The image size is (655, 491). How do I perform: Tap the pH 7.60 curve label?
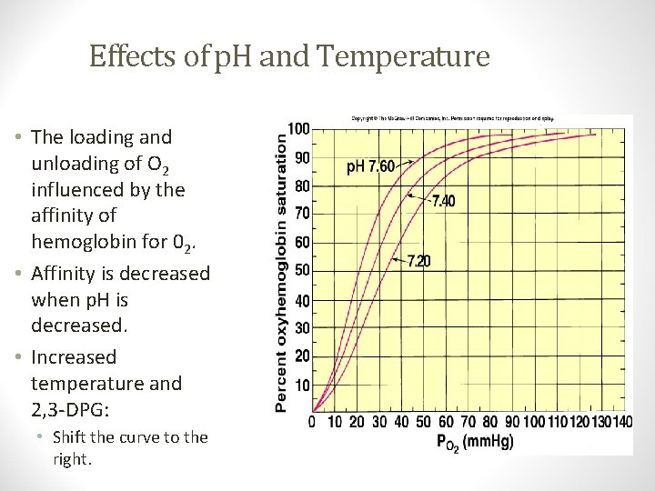pyautogui.click(x=369, y=166)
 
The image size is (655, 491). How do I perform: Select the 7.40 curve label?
pyautogui.click(x=443, y=201)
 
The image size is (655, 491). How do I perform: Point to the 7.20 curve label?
pyautogui.click(x=418, y=262)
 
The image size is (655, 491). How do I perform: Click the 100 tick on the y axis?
pyautogui.click(x=298, y=128)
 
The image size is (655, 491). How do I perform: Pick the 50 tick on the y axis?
pyautogui.click(x=301, y=270)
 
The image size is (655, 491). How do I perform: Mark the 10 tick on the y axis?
pyautogui.click(x=301, y=385)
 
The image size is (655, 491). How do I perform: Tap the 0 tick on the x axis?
pyautogui.click(x=312, y=422)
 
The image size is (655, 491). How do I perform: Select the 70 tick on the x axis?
pyautogui.click(x=468, y=422)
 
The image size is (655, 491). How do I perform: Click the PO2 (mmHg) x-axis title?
pyautogui.click(x=474, y=442)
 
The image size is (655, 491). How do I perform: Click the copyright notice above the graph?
pyautogui.click(x=452, y=118)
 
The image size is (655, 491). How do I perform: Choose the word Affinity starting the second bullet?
pyautogui.click(x=68, y=273)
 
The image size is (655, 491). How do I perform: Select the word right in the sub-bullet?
pyautogui.click(x=73, y=459)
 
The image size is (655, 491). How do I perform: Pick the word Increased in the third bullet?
pyautogui.click(x=74, y=356)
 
